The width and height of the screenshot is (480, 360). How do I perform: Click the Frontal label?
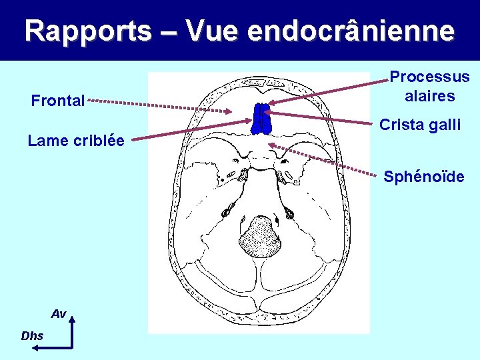point(58,101)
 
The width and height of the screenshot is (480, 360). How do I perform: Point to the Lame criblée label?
point(76,141)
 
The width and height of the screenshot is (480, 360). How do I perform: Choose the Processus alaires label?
point(429,87)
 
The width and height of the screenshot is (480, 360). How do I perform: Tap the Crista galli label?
point(419,125)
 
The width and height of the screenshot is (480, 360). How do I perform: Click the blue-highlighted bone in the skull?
point(261,119)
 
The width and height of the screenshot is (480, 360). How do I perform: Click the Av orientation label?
point(59,314)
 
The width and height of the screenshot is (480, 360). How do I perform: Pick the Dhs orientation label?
point(32,336)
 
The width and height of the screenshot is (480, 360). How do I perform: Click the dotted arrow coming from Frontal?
point(160,106)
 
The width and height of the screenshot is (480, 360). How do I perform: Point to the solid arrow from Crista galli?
point(320,117)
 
